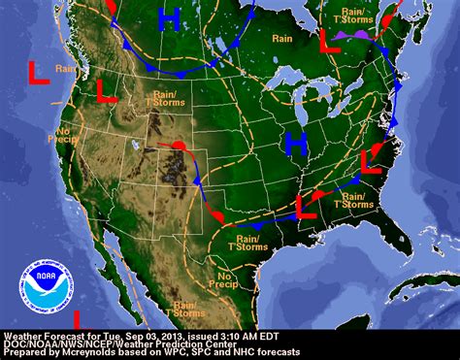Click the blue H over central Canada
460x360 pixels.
(170, 19)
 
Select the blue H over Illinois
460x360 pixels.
(297, 145)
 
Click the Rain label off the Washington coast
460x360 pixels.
(65, 68)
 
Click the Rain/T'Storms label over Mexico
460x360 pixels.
(184, 309)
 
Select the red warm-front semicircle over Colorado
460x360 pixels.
(180, 147)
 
